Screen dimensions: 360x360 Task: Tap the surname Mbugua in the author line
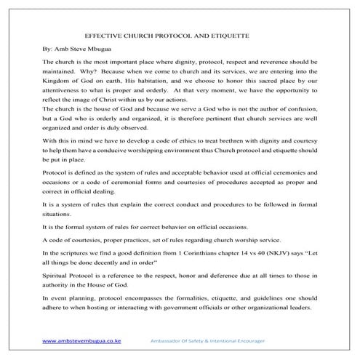98,49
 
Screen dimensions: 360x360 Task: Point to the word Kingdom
58,84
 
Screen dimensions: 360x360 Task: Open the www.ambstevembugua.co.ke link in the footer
82,340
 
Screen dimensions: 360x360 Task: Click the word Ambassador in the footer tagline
167,340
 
